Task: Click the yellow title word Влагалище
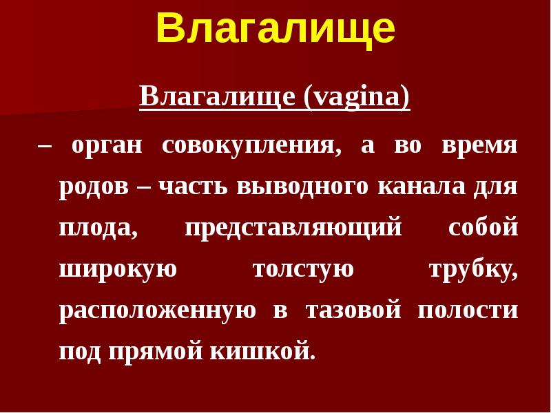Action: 275,29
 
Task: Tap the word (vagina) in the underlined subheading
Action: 356,97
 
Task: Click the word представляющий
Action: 293,229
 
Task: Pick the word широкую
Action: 118,269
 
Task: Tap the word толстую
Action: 303,269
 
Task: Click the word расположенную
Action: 158,310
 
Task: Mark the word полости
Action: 468,310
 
